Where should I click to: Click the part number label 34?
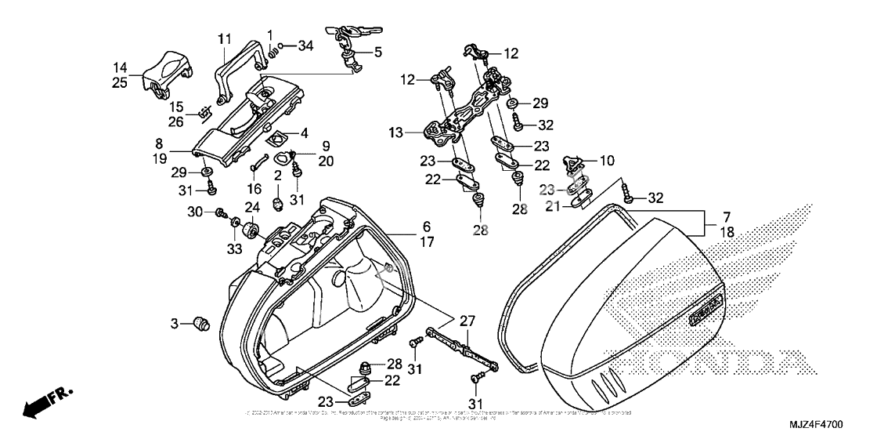coord(306,47)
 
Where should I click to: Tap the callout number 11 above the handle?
coord(225,39)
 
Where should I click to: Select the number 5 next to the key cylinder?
coord(378,53)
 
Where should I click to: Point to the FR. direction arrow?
coord(47,400)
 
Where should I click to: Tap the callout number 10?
coord(607,161)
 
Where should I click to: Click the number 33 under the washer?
coord(236,249)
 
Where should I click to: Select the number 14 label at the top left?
coord(120,67)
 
